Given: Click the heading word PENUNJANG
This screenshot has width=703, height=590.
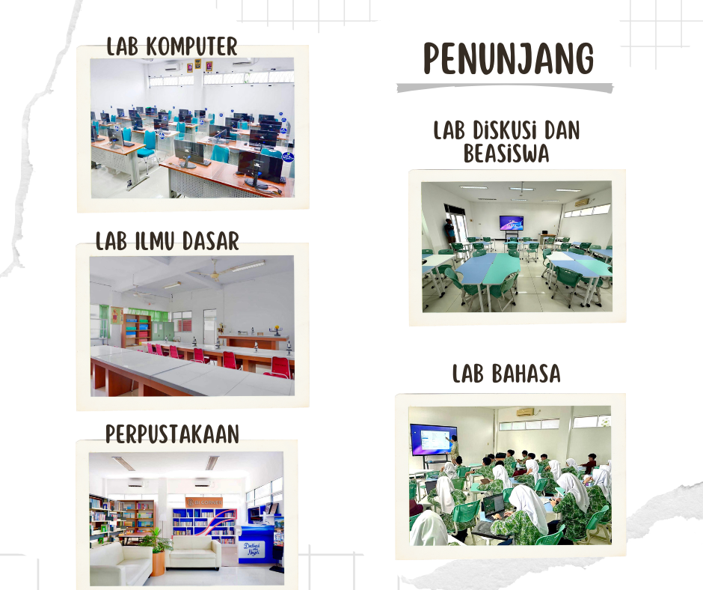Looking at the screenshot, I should coord(509,58).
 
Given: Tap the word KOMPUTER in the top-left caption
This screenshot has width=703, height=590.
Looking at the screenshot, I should coord(192,46).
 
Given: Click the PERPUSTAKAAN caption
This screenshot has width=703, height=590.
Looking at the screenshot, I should coord(172,434).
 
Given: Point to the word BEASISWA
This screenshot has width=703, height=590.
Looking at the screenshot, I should coord(506,153).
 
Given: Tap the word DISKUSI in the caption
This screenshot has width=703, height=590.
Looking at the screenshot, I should coord(505,130).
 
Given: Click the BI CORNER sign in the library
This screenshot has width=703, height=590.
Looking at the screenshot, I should coord(206,501).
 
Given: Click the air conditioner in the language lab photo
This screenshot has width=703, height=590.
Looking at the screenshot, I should coord(525,412).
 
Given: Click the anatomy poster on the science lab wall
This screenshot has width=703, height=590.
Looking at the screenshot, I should coord(117,315).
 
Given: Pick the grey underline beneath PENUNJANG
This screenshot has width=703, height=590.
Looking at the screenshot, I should coord(505,88).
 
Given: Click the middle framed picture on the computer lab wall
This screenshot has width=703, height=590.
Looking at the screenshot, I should coord(199,66).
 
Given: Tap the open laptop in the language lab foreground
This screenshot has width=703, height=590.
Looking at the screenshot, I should coord(493,505).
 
